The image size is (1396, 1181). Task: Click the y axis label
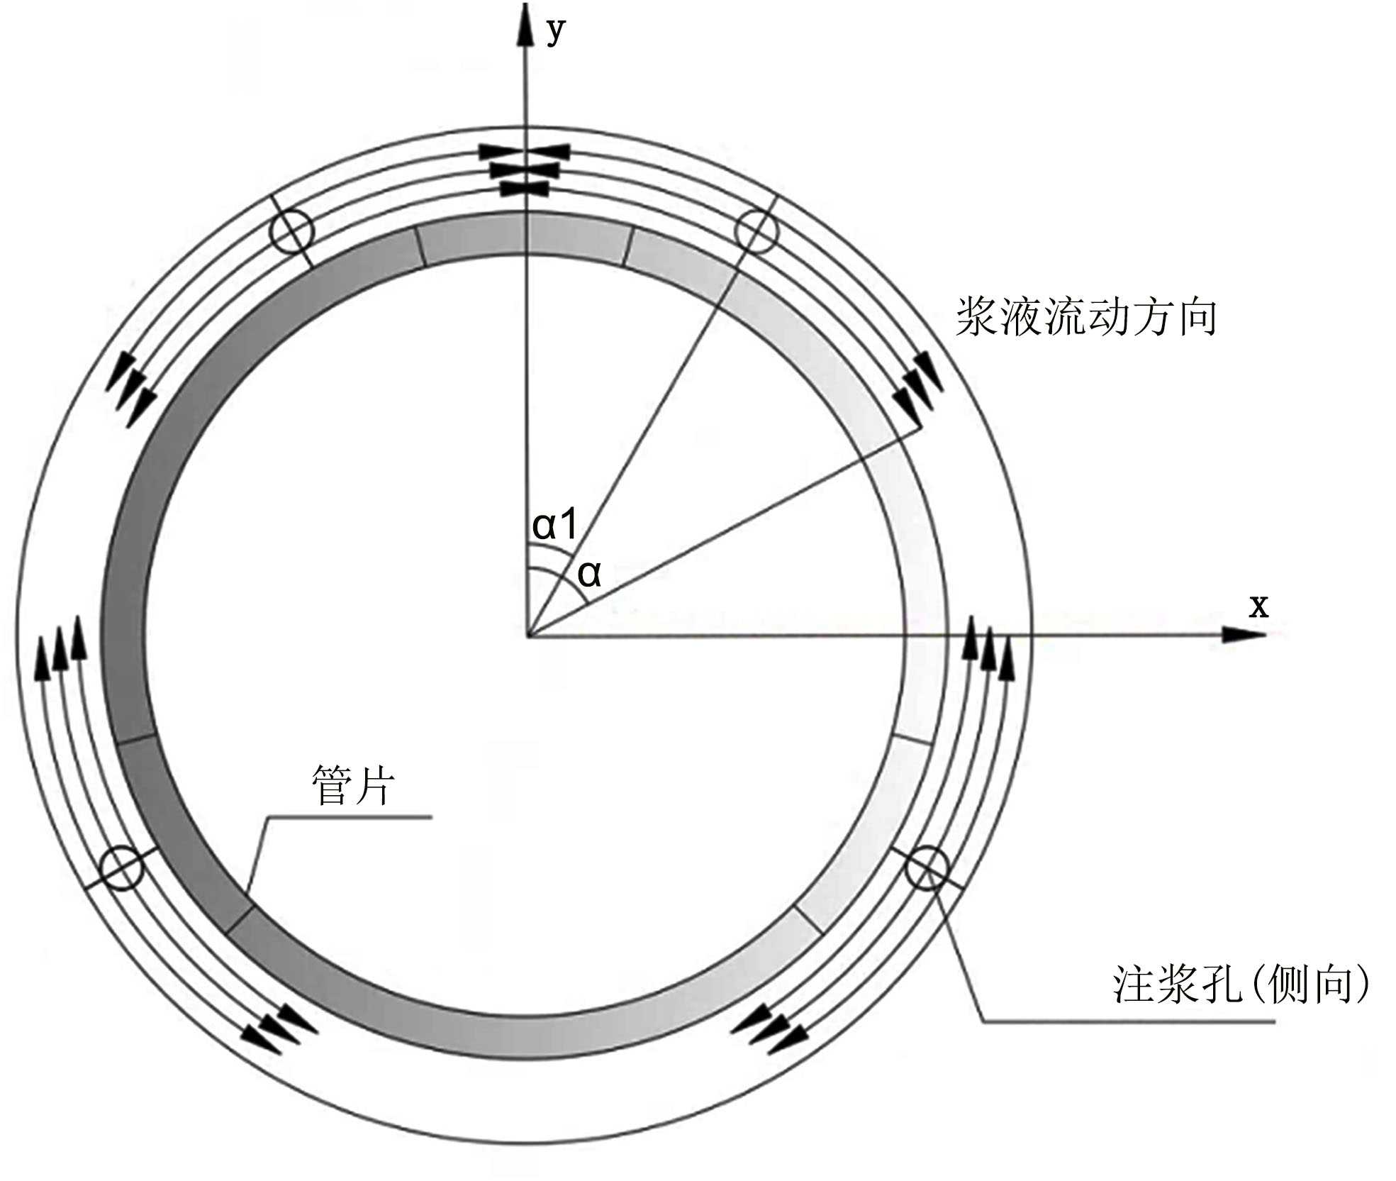tap(557, 32)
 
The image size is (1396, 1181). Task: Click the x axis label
tap(1258, 607)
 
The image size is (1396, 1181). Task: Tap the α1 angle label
tap(555, 525)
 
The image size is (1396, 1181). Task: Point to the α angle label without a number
tap(589, 573)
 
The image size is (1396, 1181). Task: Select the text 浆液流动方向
tap(1086, 317)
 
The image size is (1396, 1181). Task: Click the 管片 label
tap(352, 786)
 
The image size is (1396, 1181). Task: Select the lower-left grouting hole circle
tap(122, 867)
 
